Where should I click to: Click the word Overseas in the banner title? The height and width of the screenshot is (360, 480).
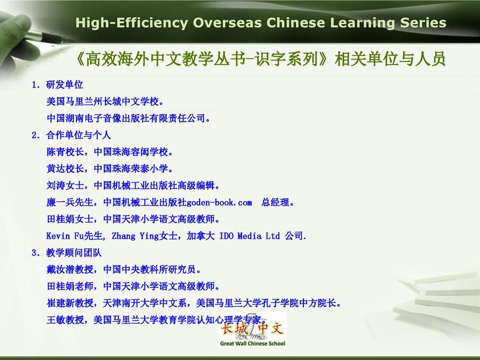227,23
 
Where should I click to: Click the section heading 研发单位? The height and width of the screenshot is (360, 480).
65,85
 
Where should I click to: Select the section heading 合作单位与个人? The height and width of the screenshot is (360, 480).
79,135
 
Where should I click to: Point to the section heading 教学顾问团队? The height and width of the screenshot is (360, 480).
74,252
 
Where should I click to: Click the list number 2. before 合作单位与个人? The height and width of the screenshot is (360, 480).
36,135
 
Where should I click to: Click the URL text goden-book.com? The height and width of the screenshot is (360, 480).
219,202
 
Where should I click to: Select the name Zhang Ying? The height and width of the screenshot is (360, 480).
123,236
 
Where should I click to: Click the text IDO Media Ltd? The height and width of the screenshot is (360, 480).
250,236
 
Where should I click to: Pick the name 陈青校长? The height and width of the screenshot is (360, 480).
65,152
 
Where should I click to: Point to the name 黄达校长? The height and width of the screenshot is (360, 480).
65,168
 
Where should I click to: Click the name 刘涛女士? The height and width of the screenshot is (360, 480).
65,186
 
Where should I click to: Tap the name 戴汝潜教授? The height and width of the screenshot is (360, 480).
70,270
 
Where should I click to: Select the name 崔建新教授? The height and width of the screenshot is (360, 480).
70,303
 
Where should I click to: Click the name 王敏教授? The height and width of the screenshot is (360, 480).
65,320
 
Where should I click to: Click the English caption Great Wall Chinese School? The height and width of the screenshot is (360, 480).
252,343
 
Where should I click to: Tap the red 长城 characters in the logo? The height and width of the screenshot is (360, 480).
235,329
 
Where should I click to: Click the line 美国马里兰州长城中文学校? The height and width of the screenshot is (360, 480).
105,101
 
